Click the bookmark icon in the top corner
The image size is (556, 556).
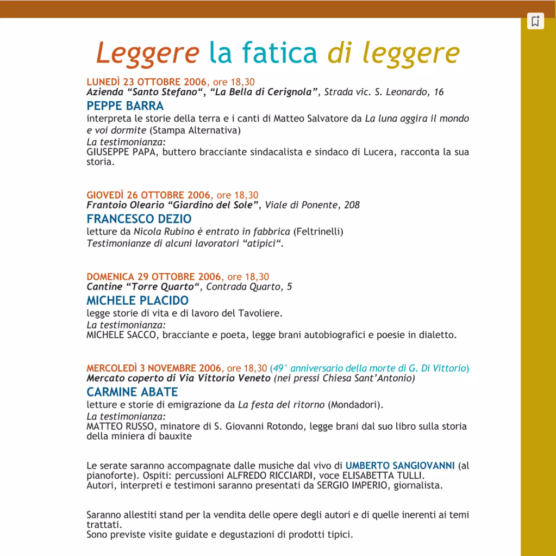coord(535,21)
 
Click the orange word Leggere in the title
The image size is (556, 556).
coord(147,53)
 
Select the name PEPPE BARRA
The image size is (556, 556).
coord(125,106)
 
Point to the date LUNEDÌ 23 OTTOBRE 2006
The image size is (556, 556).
coord(146,82)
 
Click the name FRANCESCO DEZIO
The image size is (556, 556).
coord(139,219)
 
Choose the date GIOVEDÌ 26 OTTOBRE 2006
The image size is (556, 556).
coord(148,195)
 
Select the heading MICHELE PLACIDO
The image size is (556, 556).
coord(138,300)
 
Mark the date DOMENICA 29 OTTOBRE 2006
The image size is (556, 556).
coord(154,277)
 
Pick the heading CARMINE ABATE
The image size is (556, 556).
coord(132,392)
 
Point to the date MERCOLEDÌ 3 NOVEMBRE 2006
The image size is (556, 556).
coord(154,368)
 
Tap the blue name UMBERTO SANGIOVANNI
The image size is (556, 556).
coord(400,466)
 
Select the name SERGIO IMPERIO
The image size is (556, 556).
coord(352,485)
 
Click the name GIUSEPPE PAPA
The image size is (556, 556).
coord(121,152)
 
